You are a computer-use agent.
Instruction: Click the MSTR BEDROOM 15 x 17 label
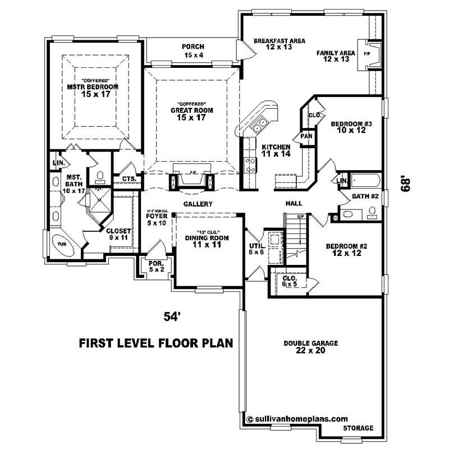(x=93, y=90)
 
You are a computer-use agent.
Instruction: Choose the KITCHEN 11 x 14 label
(x=276, y=150)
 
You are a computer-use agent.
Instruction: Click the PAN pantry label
(x=306, y=136)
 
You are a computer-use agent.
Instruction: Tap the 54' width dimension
(x=171, y=317)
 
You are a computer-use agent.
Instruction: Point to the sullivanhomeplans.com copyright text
(x=297, y=419)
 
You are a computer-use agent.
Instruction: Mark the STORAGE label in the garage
(x=358, y=428)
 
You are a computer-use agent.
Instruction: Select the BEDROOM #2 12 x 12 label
(x=345, y=250)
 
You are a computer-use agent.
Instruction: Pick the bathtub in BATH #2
(x=365, y=181)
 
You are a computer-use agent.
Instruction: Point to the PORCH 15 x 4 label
(x=193, y=51)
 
